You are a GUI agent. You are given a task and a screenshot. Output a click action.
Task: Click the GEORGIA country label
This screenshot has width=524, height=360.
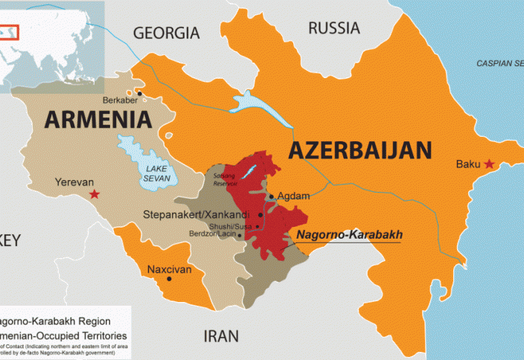click(x=166, y=33)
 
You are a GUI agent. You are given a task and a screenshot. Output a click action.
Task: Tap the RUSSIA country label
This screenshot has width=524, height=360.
click(x=334, y=28)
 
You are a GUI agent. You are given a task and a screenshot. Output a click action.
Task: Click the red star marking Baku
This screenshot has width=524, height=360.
click(x=489, y=164)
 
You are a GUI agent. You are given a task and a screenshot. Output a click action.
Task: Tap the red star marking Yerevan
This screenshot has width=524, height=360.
click(x=94, y=194)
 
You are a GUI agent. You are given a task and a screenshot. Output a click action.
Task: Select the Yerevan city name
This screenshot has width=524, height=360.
click(x=74, y=181)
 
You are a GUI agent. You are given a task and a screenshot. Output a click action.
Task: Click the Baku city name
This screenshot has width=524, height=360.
click(x=468, y=164)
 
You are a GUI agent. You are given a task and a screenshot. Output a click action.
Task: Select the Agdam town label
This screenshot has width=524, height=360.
click(x=293, y=196)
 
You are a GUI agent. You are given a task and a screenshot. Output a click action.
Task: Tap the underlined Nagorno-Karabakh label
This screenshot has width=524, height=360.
click(x=349, y=234)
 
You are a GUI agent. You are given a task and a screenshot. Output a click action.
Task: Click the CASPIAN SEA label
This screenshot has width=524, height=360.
click(x=499, y=63)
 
